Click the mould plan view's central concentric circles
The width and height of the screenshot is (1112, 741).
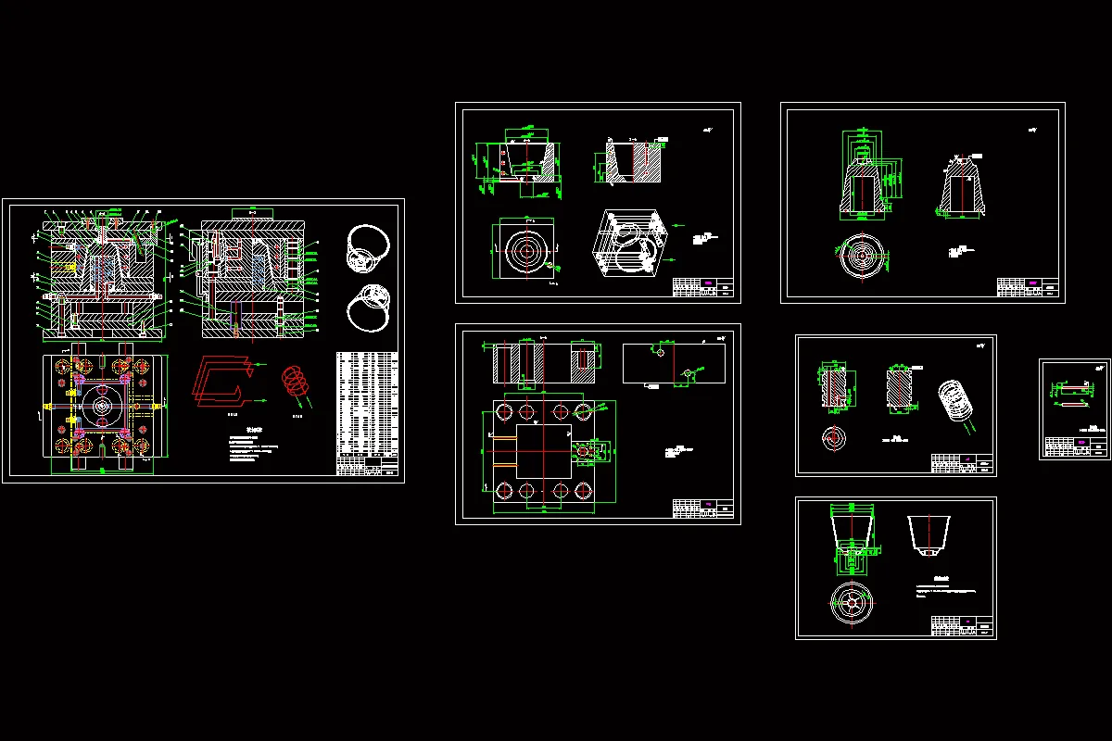[x=100, y=406]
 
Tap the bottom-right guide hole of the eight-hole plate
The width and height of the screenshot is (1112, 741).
[x=583, y=491]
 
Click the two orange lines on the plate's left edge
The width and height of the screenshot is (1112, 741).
[x=505, y=450]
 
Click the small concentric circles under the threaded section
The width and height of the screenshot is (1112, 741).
[x=831, y=436]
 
